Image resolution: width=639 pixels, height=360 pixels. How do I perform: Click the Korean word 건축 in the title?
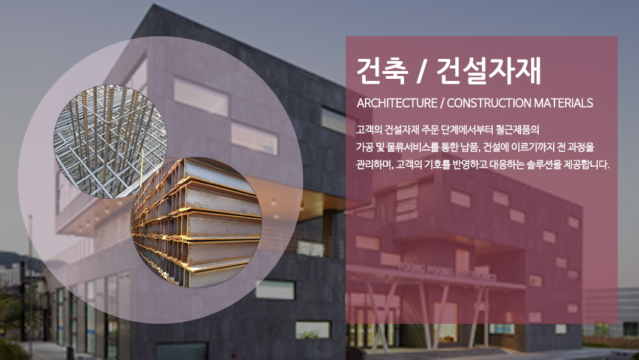point(382,70)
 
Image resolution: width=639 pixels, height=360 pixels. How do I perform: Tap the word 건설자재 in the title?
point(488,70)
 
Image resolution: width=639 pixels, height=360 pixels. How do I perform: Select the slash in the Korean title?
point(422,71)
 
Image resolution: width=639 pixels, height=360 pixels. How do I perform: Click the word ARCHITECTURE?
point(397,103)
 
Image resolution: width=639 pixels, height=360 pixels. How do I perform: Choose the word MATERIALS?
point(563,103)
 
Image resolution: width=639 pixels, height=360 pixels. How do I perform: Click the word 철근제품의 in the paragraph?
point(518,130)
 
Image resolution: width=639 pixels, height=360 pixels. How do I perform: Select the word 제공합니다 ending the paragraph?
point(587,165)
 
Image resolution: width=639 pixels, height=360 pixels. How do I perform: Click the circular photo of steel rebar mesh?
point(110,141)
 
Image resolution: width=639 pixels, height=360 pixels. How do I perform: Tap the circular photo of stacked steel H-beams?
point(197,223)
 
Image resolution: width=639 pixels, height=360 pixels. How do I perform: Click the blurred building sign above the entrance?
point(447,273)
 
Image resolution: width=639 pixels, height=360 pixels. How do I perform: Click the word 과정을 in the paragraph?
point(581,147)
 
